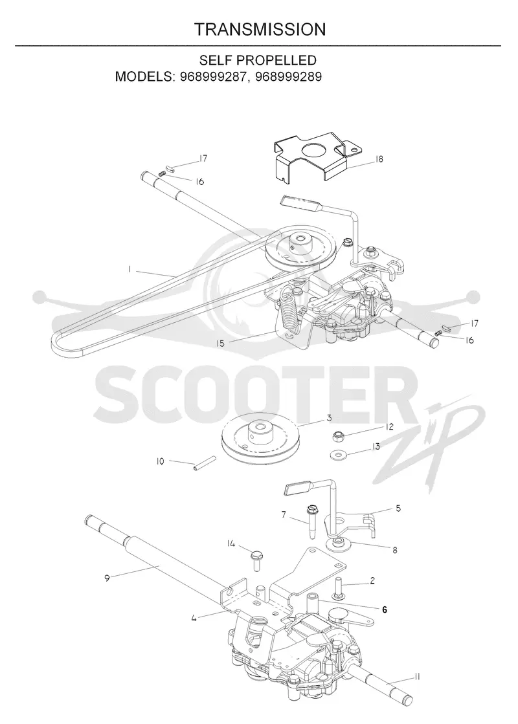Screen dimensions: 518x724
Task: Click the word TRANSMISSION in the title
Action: tap(260, 30)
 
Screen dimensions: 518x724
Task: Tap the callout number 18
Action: tap(378, 159)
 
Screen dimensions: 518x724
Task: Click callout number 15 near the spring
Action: tap(220, 344)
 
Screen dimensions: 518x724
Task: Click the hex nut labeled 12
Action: tap(338, 435)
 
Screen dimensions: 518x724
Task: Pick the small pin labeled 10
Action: tap(197, 464)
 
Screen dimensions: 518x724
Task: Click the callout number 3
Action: tap(329, 419)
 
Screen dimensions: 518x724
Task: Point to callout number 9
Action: tap(107, 578)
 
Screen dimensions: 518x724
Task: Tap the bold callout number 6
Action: tap(385, 609)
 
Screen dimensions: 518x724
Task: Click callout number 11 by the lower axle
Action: tap(417, 677)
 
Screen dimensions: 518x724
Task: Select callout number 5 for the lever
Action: tap(398, 509)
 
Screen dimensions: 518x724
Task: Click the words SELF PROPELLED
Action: tap(258, 60)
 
